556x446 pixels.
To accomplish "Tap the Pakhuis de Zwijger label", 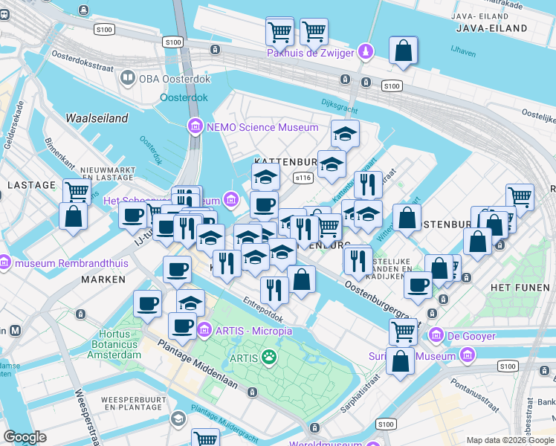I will tap(311, 53).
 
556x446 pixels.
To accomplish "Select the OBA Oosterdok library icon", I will tap(128, 77).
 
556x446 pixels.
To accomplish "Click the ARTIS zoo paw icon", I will tap(268, 358).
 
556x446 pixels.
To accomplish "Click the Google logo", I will tap(25, 437).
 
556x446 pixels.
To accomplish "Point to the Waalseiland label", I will tap(97, 118).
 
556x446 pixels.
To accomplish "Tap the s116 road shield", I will tap(303, 178).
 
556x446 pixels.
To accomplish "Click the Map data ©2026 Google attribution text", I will tap(510, 440).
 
